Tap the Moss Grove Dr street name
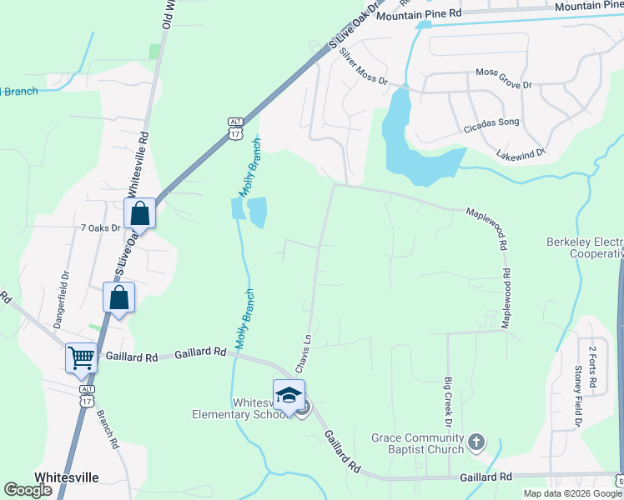click(503, 73)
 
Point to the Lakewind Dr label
click(519, 153)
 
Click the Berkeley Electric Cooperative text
click(585, 247)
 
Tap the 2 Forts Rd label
click(592, 368)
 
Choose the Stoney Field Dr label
click(577, 396)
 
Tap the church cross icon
click(476, 442)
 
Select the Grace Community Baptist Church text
click(417, 443)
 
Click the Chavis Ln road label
click(303, 354)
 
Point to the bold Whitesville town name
click(67, 477)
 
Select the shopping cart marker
click(82, 357)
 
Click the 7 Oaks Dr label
click(100, 227)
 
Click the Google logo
click(28, 490)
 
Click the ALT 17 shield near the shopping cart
click(87, 394)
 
